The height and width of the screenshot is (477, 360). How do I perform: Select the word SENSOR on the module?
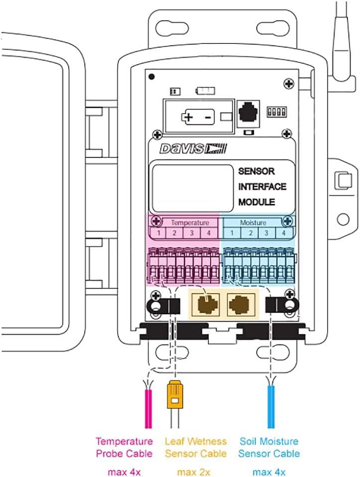pyautogui.click(x=256, y=171)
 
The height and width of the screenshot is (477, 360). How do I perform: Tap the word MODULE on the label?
pyautogui.click(x=256, y=203)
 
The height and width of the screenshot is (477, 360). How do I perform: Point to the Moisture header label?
pyautogui.click(x=253, y=223)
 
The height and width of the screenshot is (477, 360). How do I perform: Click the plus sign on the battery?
pyautogui.click(x=188, y=118)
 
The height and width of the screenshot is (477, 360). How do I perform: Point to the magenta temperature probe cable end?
pyautogui.click(x=148, y=408)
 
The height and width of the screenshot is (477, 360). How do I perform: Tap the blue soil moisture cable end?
pyautogui.click(x=270, y=408)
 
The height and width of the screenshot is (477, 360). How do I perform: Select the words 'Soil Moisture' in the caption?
pyautogui.click(x=269, y=441)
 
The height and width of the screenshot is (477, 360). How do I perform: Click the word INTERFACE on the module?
pyautogui.click(x=262, y=187)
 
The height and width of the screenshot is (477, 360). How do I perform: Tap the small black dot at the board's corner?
pyautogui.click(x=151, y=77)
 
